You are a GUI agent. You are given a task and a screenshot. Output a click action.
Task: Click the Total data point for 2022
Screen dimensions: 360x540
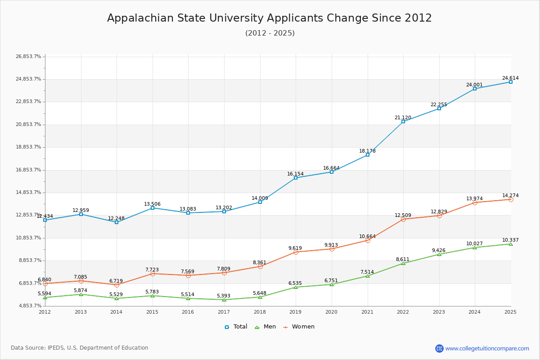(x=403, y=121)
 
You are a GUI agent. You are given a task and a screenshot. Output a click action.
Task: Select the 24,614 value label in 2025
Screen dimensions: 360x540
(x=510, y=78)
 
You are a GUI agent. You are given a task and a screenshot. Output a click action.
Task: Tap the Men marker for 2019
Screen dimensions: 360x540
(x=296, y=287)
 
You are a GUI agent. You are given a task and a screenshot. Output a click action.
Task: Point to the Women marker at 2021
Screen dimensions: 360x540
(x=368, y=240)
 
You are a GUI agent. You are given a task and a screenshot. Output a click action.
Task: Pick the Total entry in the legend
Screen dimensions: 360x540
(x=236, y=327)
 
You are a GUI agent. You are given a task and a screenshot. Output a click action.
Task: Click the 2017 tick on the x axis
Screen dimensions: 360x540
(x=224, y=312)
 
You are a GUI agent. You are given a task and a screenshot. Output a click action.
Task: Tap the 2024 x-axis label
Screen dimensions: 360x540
(x=474, y=312)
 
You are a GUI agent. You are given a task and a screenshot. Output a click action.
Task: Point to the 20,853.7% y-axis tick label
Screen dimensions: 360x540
(x=28, y=125)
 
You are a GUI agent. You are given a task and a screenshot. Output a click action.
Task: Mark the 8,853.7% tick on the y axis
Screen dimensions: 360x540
(x=28, y=261)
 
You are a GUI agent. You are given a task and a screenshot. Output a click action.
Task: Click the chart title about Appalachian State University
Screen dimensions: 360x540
(x=270, y=18)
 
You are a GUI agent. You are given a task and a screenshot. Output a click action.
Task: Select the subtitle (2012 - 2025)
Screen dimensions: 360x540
(x=270, y=33)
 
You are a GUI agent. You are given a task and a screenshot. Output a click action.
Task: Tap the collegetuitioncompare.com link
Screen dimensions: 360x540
(x=487, y=348)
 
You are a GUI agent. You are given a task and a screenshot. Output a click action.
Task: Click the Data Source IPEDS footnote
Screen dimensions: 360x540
(x=80, y=348)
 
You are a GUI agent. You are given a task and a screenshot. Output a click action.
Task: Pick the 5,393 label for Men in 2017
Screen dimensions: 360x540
(x=224, y=296)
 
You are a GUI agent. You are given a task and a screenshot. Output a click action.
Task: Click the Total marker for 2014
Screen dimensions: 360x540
(x=117, y=222)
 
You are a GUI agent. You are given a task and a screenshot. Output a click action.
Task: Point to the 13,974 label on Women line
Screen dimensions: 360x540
(x=474, y=199)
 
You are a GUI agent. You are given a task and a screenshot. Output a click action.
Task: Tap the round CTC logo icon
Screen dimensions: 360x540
(x=439, y=348)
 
